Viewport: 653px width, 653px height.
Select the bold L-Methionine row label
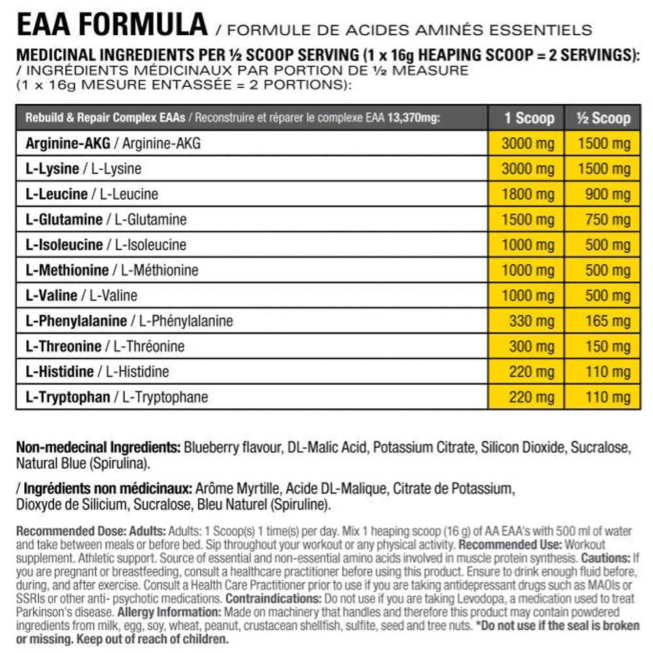tap(66, 270)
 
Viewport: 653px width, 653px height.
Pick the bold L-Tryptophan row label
tap(67, 397)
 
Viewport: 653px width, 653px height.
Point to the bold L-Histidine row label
tap(59, 372)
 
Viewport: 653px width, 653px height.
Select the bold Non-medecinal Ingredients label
tap(98, 449)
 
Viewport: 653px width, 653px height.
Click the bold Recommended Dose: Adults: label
tap(91, 531)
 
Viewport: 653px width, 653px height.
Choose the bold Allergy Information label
tap(169, 612)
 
